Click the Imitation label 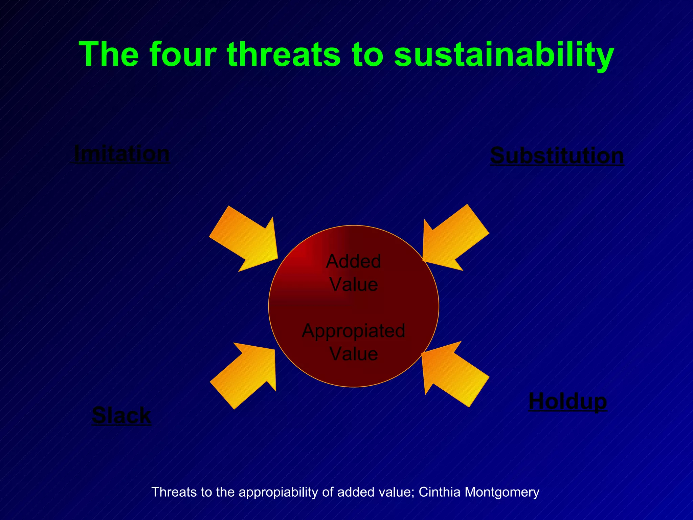(121, 154)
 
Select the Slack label (121, 415)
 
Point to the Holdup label (567, 402)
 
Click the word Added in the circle (353, 261)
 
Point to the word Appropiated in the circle (353, 331)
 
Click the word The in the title (109, 54)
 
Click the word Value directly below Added (354, 284)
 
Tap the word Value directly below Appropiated (354, 354)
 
